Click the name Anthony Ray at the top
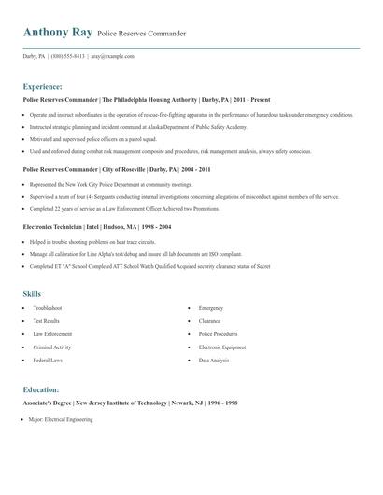57,33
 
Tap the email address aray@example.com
112,56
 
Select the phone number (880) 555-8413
68,56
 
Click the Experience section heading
43,85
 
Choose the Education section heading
41,389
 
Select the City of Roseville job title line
117,170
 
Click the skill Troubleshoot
48,307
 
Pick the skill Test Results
48,320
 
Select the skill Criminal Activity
53,346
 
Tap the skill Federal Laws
49,360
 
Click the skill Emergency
210,307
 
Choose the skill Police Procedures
218,333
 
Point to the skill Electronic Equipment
222,346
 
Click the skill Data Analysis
213,360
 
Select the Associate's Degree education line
130,403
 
